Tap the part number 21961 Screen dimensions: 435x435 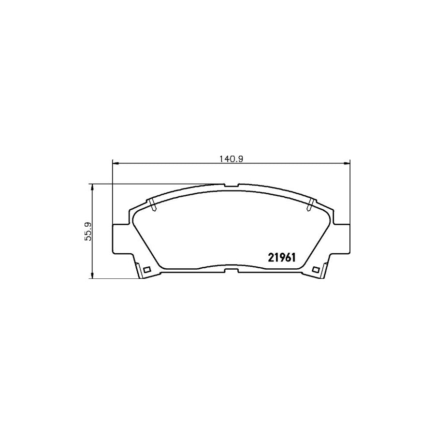click(282, 258)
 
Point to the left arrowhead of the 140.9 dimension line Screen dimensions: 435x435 click(115, 164)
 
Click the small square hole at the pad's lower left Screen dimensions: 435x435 click(147, 269)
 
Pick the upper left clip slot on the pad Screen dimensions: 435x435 click(153, 204)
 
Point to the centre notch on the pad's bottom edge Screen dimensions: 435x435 click(232, 268)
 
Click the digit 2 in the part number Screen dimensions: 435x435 click(270, 258)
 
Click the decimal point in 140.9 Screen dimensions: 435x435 click(234, 160)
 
